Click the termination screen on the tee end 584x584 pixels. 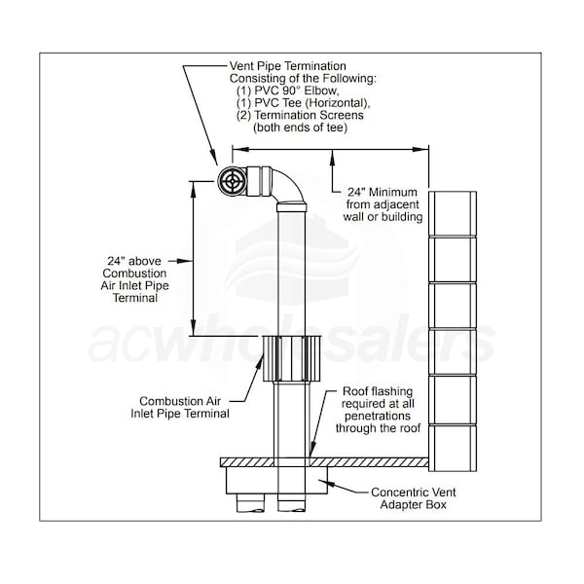click(233, 181)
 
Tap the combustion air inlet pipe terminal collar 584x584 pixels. click(292, 358)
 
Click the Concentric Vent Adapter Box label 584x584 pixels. click(414, 498)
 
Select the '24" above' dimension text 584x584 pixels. click(134, 261)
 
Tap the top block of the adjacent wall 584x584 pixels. click(453, 213)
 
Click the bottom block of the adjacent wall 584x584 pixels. click(453, 448)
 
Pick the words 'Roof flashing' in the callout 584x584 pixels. click(378, 391)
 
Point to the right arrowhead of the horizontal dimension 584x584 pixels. click(420, 149)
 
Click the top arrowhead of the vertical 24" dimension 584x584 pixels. click(193, 190)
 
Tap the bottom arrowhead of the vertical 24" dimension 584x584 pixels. click(193, 328)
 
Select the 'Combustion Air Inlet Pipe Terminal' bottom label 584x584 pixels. click(180, 407)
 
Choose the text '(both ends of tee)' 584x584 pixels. click(300, 128)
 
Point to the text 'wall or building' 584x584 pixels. click(383, 217)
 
